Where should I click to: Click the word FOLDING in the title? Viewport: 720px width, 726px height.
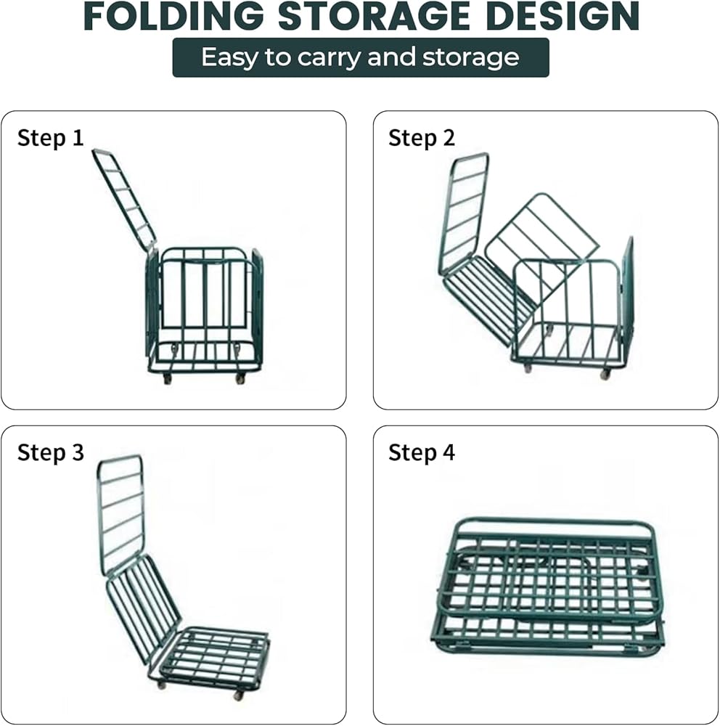point(175,16)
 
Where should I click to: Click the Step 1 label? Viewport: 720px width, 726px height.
point(51,138)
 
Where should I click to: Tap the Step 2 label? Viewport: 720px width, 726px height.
point(422,138)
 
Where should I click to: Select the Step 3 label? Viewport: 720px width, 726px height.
point(51,453)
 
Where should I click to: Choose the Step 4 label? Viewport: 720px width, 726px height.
point(422,453)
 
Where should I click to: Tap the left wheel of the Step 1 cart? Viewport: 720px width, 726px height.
point(168,379)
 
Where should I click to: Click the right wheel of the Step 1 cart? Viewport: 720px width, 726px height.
point(240,379)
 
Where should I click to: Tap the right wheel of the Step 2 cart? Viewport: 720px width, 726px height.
point(605,374)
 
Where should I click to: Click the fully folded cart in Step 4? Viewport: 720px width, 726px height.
point(549,585)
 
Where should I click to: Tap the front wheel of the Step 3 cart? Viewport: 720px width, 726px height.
point(238,695)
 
